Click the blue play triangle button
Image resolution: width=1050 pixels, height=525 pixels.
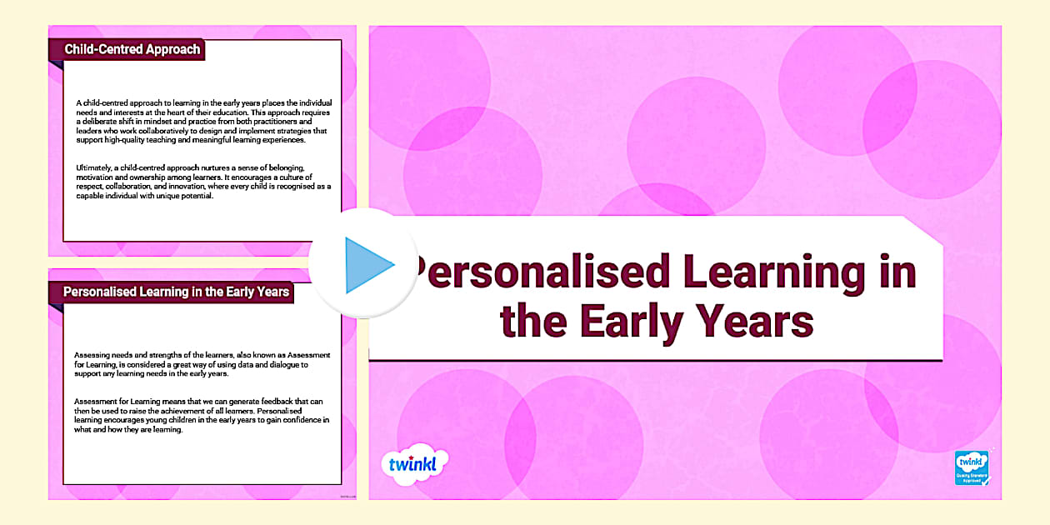[366, 265]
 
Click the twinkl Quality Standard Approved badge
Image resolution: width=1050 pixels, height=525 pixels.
[972, 468]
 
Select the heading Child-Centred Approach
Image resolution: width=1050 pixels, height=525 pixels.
[132, 49]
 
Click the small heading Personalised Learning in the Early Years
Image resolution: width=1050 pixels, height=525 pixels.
[177, 292]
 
